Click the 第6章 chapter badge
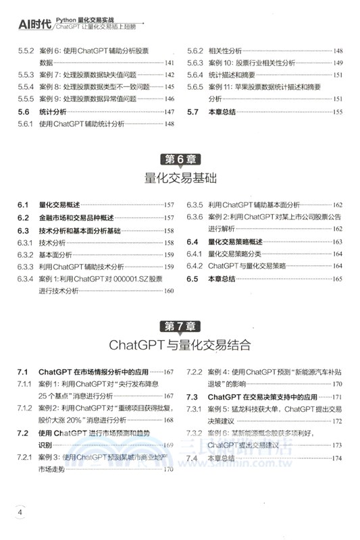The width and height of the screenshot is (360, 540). pos(180,160)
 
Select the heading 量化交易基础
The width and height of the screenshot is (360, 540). pos(180,178)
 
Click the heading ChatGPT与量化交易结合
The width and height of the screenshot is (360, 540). pos(180,346)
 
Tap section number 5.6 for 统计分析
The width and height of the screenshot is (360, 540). pos(25,111)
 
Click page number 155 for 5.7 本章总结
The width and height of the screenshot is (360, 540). pos(337,111)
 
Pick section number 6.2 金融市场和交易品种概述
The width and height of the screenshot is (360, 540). pos(25,217)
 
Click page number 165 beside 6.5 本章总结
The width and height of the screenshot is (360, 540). pos(337,278)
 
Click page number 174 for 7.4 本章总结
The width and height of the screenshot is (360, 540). pos(337,458)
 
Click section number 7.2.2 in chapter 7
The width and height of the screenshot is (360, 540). pos(195,372)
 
